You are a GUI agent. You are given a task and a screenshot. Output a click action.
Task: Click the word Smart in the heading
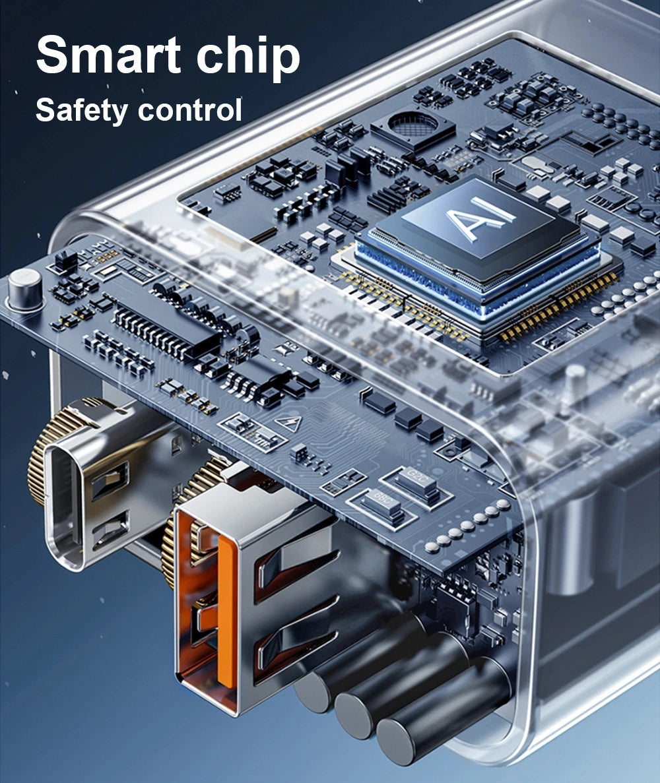(x=108, y=55)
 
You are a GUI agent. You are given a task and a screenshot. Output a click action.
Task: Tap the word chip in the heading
(x=247, y=57)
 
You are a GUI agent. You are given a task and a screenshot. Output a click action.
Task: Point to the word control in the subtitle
(x=190, y=110)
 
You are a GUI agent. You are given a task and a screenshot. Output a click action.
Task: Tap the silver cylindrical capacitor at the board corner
(x=24, y=289)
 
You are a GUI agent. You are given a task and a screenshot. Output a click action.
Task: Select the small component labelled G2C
(x=416, y=482)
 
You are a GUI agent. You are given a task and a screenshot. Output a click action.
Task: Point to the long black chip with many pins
(x=165, y=327)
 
